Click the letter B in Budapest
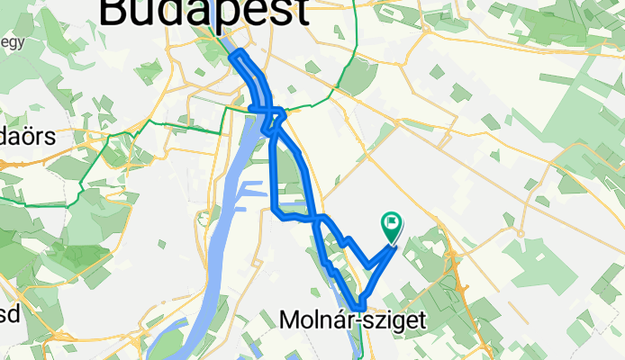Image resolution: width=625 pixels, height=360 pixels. pyautogui.click(x=116, y=12)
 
